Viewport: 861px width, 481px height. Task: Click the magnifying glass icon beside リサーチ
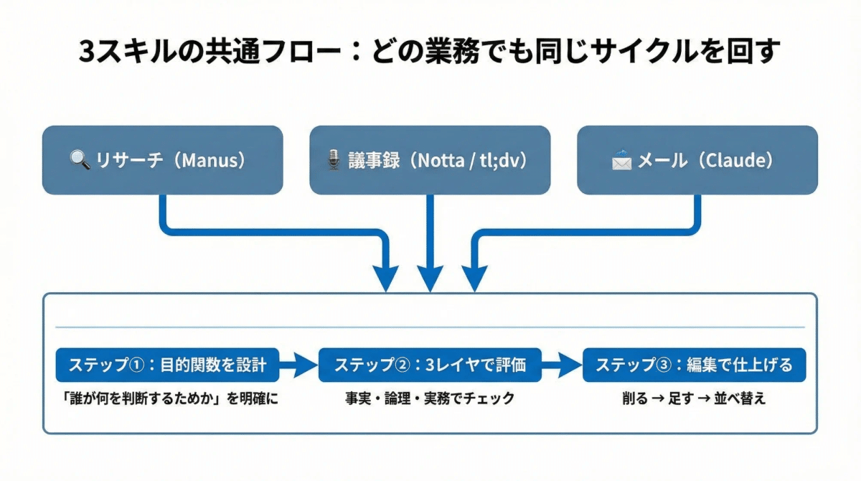coord(80,161)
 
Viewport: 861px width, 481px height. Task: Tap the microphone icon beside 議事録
coord(333,161)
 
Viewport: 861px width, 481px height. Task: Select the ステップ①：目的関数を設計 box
coord(167,365)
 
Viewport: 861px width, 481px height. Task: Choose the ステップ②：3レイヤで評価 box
coord(430,365)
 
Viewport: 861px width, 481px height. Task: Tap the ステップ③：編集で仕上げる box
coord(693,365)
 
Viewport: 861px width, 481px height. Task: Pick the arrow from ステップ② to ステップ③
coord(562,365)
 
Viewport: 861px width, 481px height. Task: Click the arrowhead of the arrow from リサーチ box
coord(386,279)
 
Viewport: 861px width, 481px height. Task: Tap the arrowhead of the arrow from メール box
coord(474,279)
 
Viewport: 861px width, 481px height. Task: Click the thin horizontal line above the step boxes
coord(430,327)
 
